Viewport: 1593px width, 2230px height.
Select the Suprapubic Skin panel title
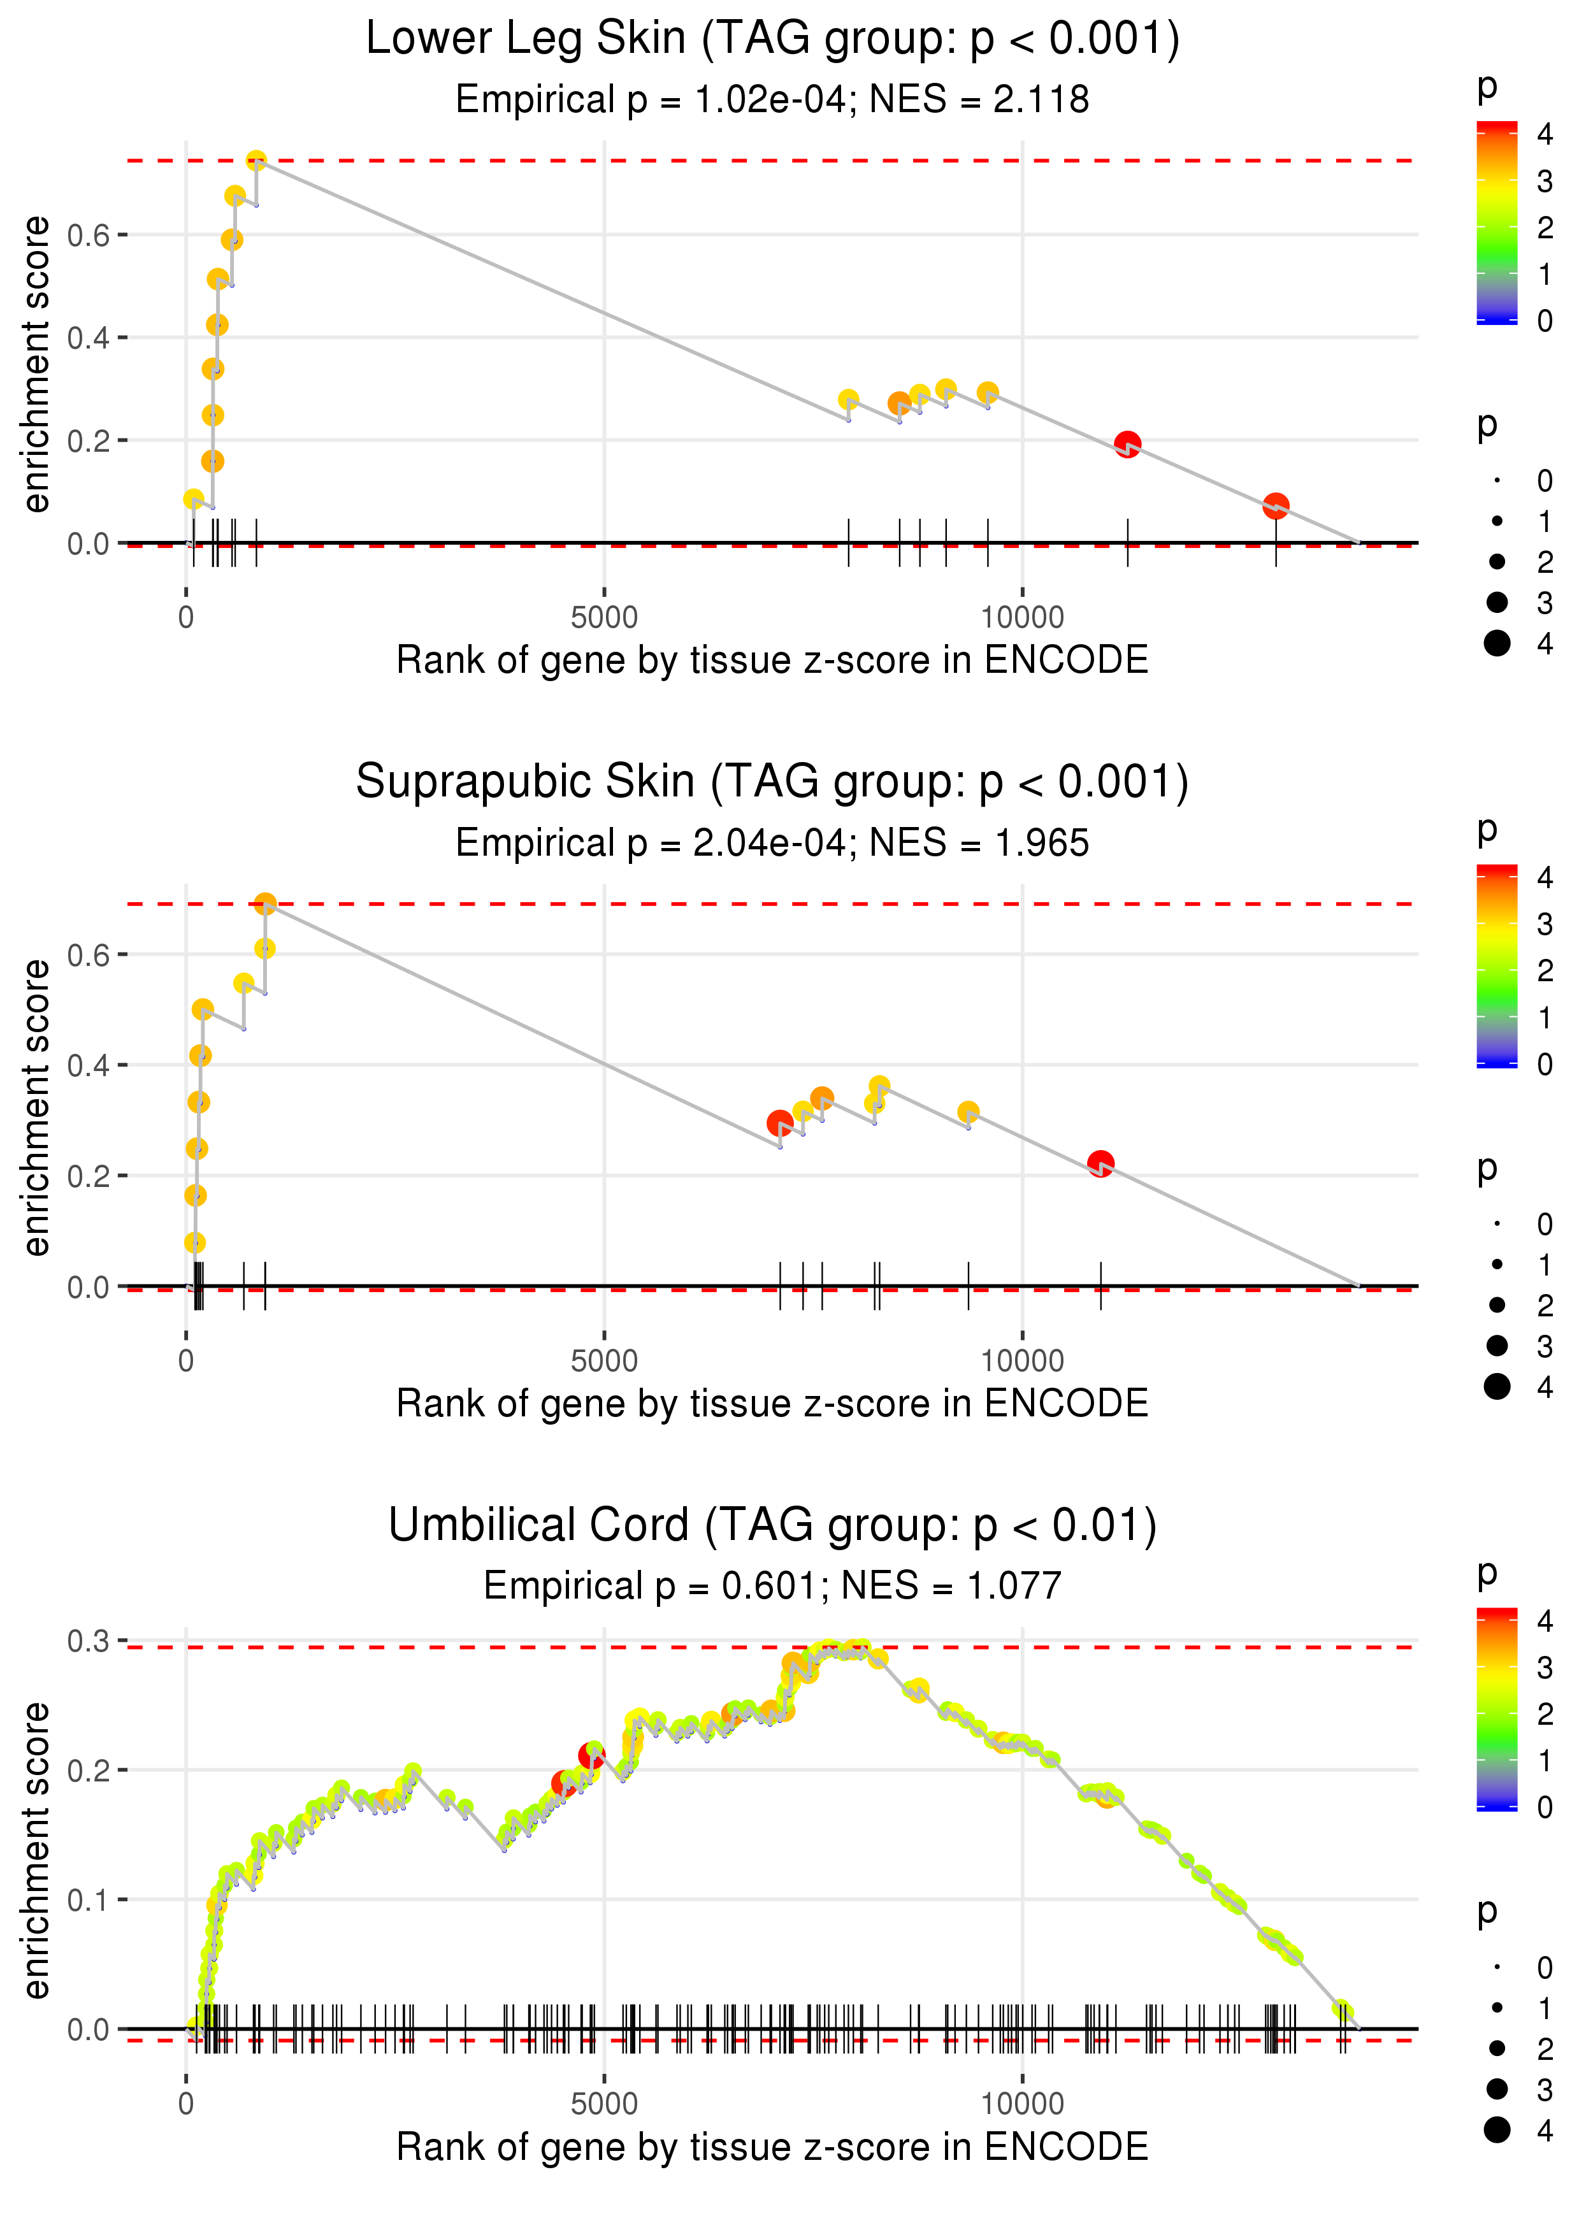772,782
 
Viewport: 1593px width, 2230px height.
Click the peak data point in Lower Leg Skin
256,161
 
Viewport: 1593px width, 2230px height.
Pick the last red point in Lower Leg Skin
1275,506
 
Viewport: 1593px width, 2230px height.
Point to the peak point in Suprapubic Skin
265,903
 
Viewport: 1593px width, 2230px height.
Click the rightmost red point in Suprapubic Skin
1100,1164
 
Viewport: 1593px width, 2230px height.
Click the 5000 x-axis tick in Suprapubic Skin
604,1361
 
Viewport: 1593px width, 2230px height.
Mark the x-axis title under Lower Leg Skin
772,660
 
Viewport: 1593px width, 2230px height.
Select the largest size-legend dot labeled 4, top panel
1497,644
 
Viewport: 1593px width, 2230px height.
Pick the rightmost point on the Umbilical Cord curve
1343,2010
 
